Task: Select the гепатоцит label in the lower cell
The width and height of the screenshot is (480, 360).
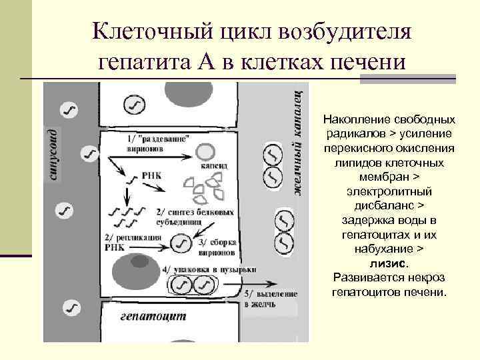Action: pos(153,316)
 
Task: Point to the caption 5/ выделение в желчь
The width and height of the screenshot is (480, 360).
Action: pos(271,299)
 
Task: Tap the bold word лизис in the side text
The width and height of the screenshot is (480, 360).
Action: pos(389,263)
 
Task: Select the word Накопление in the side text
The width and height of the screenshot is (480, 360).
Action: pos(353,120)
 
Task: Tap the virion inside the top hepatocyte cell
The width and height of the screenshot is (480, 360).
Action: pos(135,104)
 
